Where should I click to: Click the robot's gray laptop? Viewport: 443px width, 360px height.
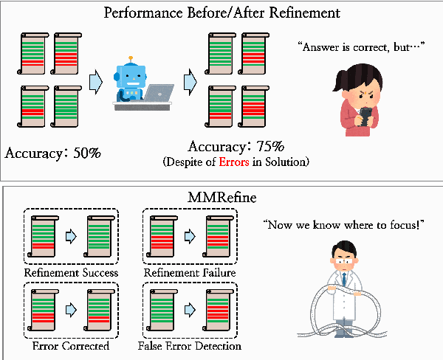click(158, 94)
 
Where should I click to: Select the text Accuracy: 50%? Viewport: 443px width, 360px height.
click(52, 153)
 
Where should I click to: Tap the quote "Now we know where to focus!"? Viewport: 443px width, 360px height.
click(344, 223)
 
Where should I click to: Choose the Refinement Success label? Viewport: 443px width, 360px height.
click(72, 273)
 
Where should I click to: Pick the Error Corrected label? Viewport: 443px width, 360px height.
click(72, 345)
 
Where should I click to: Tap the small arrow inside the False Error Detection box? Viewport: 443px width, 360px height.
click(189, 311)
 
